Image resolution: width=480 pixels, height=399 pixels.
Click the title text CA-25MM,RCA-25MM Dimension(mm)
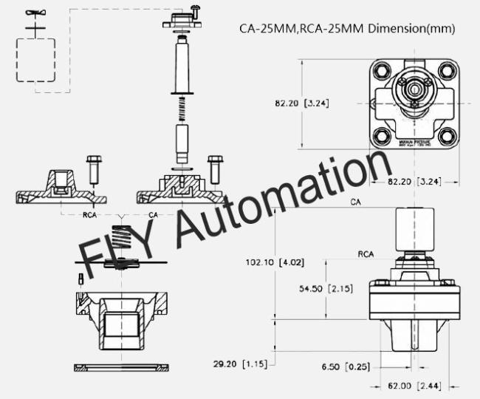tap(346, 30)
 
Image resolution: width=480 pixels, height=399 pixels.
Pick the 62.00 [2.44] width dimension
tap(414, 386)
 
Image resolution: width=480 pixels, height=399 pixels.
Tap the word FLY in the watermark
tap(111, 251)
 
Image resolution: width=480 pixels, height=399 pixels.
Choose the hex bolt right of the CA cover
tap(216, 169)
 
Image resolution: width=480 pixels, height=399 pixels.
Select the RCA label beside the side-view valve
tap(365, 254)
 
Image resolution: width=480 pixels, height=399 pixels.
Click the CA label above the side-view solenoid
tap(356, 202)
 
